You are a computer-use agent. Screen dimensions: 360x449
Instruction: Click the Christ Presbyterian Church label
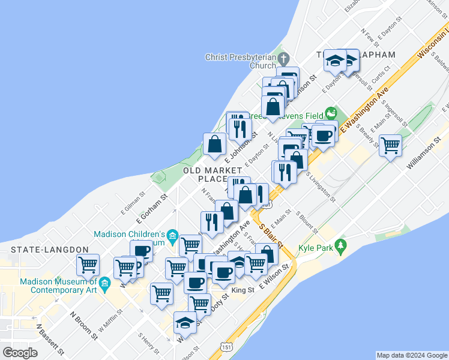[x=241, y=61]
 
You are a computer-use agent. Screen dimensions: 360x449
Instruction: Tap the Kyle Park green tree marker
[x=341, y=245]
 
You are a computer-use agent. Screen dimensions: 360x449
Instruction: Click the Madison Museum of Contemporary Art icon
[x=105, y=282]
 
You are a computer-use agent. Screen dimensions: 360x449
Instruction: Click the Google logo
[x=20, y=352]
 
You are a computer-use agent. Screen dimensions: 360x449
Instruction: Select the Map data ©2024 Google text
[x=411, y=355]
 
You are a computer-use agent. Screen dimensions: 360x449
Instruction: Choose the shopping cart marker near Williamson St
[x=390, y=145]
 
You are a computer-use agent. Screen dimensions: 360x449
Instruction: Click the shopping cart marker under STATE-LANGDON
[x=88, y=264]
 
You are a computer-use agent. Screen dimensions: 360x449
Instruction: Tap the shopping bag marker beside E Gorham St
[x=214, y=143]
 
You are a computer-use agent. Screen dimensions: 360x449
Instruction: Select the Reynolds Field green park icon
[x=330, y=113]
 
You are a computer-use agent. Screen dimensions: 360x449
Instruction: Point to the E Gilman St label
[x=133, y=202]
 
